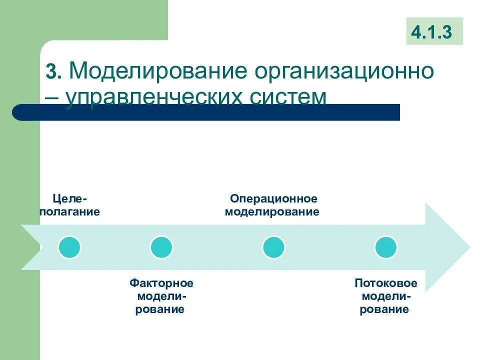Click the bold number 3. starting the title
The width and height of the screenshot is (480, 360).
click(x=53, y=72)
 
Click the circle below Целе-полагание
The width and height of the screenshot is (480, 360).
click(x=69, y=247)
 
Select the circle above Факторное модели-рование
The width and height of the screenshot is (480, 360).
click(x=161, y=247)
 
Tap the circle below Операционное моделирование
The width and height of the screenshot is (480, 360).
click(x=273, y=247)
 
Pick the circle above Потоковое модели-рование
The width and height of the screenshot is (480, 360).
click(x=385, y=247)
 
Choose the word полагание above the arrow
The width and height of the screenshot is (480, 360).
click(x=69, y=211)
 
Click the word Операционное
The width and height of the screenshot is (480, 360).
click(x=273, y=199)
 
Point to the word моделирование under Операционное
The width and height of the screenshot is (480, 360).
click(x=273, y=211)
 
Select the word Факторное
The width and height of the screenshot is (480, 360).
click(x=161, y=283)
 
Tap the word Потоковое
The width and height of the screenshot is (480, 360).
click(x=385, y=283)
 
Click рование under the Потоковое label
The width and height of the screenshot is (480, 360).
click(x=385, y=309)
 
